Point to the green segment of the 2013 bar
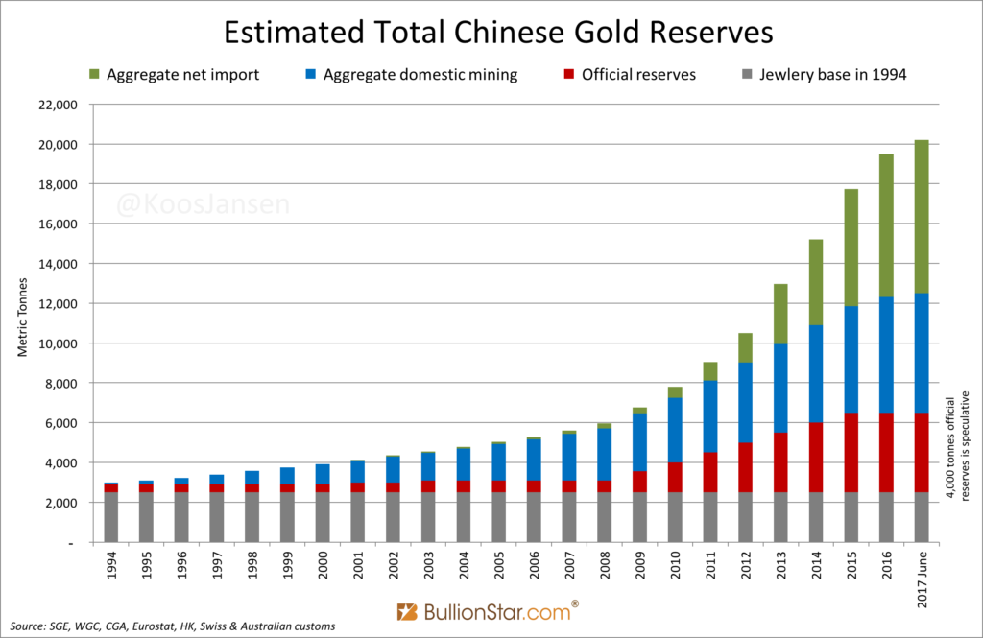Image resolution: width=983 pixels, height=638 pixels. pyautogui.click(x=779, y=314)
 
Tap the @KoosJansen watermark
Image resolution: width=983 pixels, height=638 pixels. pyautogui.click(x=203, y=204)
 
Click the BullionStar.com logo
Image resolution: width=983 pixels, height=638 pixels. pyautogui.click(x=488, y=611)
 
